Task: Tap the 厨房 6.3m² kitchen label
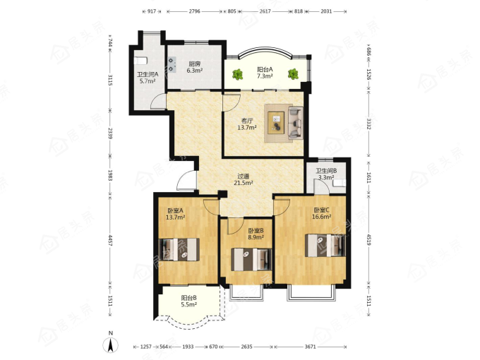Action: [x=195, y=67]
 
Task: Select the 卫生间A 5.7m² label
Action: [x=148, y=78]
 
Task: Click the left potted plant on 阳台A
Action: [x=237, y=74]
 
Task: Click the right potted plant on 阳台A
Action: [x=293, y=74]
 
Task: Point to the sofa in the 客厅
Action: [x=296, y=123]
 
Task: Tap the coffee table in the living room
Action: [x=277, y=122]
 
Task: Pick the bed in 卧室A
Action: [x=179, y=249]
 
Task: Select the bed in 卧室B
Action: [x=251, y=260]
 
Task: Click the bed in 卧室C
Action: [x=325, y=246]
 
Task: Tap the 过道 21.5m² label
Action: [x=244, y=180]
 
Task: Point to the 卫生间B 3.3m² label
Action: [x=326, y=174]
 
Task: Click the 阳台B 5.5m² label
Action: [x=189, y=301]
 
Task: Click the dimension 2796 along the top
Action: [x=194, y=11]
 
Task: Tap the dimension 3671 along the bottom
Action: [x=310, y=347]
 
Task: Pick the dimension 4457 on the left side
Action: [x=111, y=239]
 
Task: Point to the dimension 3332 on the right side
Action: [x=369, y=124]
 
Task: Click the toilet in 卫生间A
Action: [x=140, y=61]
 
